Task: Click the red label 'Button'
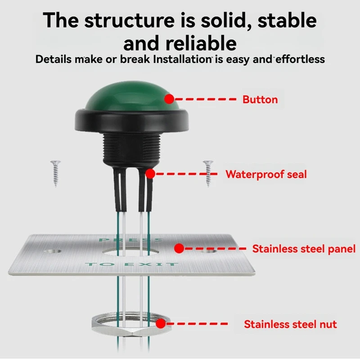click(x=260, y=99)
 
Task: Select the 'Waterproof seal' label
click(x=265, y=174)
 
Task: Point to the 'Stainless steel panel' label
click(x=304, y=248)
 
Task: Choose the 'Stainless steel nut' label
click(x=290, y=324)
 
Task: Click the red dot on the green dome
click(x=169, y=99)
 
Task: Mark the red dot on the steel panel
click(x=179, y=248)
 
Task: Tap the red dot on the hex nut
click(x=161, y=323)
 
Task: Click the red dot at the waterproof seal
click(x=150, y=173)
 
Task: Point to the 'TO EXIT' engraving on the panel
click(x=131, y=264)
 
